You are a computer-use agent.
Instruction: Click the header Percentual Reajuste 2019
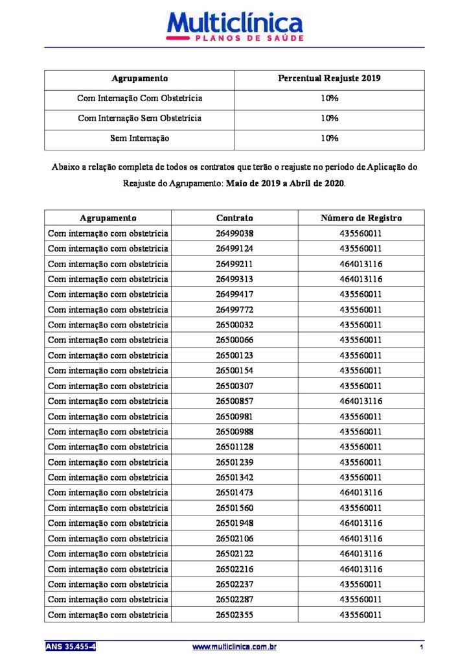329,78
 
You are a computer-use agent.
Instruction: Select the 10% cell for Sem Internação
329,138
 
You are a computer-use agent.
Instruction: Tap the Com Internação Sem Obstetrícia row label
139,118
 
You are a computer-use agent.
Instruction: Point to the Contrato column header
234,218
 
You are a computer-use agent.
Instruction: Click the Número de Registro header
361,218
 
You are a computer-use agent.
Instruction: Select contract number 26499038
234,233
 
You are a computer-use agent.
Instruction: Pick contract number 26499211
234,264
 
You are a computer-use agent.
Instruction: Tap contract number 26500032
234,325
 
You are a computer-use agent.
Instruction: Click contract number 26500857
234,401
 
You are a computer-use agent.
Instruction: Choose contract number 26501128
234,447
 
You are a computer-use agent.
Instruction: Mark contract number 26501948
234,523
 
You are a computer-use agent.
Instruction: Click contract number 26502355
234,614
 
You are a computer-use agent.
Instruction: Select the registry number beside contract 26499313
361,279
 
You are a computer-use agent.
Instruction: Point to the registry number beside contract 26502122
361,553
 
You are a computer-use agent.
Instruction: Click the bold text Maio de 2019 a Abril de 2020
286,184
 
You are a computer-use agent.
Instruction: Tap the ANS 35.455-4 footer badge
71,646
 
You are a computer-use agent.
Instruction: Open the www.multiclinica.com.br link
235,646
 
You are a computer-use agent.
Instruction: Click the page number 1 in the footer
421,647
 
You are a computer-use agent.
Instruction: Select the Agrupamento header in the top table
139,78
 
